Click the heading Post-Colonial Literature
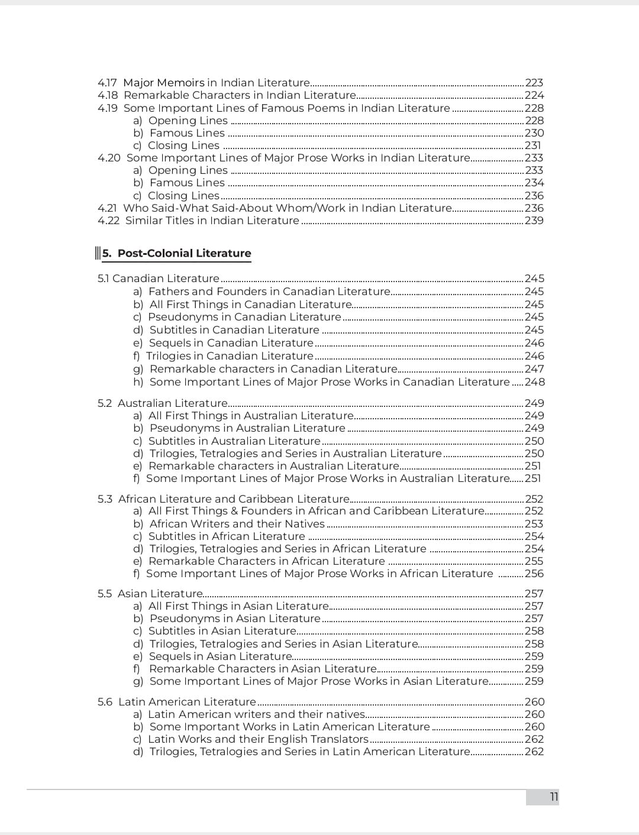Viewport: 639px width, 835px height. click(x=184, y=253)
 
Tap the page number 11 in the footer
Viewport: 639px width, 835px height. click(x=554, y=797)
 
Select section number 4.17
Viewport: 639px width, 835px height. click(x=107, y=83)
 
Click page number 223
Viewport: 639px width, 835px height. click(x=534, y=83)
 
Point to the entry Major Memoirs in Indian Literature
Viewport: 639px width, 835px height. click(x=216, y=83)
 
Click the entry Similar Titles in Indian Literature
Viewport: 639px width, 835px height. click(x=212, y=221)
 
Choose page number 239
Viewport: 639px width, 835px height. click(x=534, y=221)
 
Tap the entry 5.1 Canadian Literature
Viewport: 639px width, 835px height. click(x=159, y=279)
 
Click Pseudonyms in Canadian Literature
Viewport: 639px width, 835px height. click(x=244, y=317)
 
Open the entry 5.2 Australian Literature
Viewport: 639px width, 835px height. click(x=163, y=403)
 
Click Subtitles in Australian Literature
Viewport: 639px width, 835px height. click(x=234, y=441)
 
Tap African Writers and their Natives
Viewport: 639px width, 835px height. click(x=237, y=524)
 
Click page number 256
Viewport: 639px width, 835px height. click(x=534, y=574)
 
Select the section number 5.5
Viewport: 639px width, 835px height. click(x=105, y=594)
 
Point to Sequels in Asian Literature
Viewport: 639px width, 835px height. click(x=220, y=656)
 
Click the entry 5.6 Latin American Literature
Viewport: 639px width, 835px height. click(x=177, y=702)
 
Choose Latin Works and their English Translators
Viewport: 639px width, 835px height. click(x=258, y=739)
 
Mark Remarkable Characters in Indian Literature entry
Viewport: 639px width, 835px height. click(x=240, y=95)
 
